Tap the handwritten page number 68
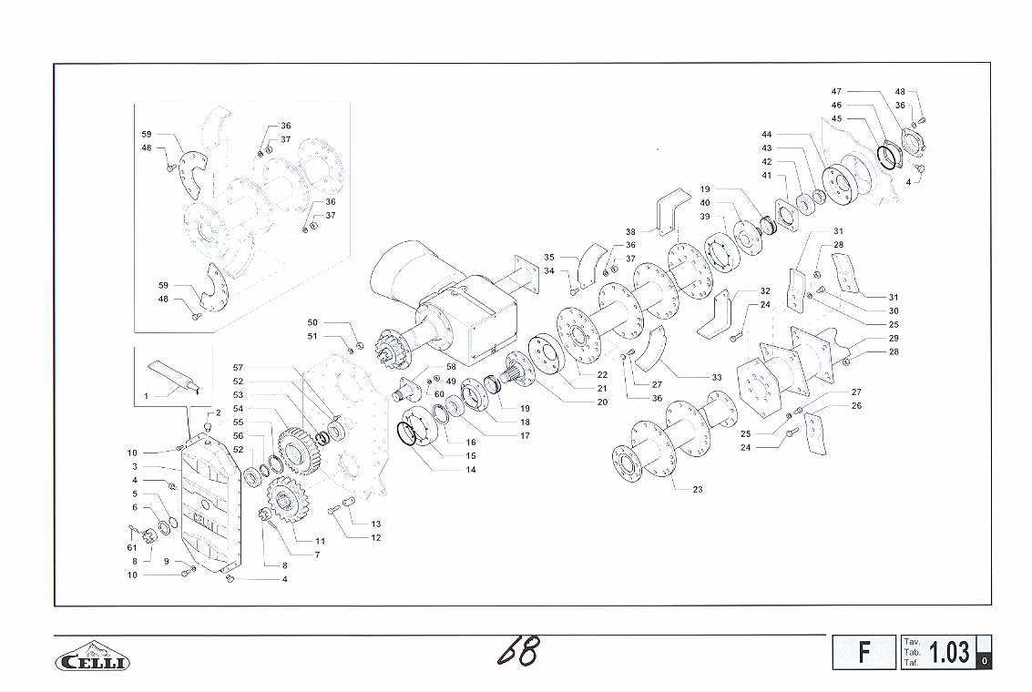coord(519,651)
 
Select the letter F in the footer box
coord(864,652)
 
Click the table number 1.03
coord(948,652)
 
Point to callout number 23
coord(698,489)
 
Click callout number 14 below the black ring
coord(471,470)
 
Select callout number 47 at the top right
coord(836,91)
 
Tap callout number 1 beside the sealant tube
coord(146,396)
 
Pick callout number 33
coord(717,378)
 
